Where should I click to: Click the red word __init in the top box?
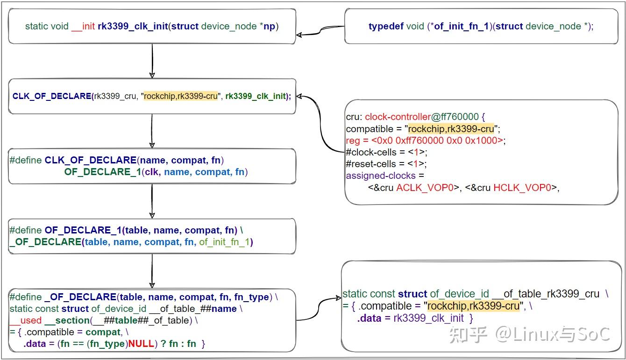83,26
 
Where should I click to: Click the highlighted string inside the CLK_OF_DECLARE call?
181,96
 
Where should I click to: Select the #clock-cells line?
386,152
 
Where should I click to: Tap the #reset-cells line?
386,164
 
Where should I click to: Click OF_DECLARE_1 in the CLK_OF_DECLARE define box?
102,172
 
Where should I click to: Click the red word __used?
25,320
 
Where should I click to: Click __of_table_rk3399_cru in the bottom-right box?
545,294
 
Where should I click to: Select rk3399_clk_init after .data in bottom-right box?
428,318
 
